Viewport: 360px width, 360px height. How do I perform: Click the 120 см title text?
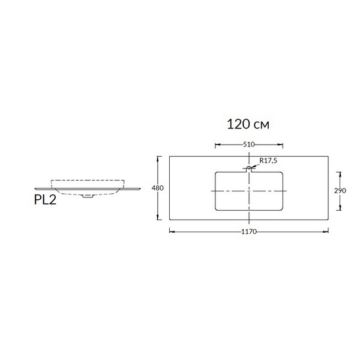pos(248,124)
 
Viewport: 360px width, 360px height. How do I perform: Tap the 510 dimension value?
pos(249,145)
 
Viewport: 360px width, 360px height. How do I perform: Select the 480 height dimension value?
pos(157,188)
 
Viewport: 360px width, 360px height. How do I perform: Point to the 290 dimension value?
pos(340,191)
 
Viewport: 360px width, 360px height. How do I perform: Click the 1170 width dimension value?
pos(249,232)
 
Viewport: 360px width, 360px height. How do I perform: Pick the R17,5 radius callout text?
pos(268,160)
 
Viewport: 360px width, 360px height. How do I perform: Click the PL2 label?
pos(45,200)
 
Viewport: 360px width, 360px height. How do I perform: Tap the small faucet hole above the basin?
pos(249,168)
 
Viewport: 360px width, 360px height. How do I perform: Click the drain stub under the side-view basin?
pos(88,196)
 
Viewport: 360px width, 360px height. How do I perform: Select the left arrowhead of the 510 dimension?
pos(218,145)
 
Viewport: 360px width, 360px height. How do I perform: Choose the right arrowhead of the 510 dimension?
pos(280,145)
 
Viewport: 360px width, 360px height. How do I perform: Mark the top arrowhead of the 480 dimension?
pos(157,159)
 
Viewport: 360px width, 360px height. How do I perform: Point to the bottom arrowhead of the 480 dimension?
pos(157,217)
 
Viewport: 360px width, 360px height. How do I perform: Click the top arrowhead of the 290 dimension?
pos(340,175)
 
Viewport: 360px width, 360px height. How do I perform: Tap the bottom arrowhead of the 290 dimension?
pos(340,208)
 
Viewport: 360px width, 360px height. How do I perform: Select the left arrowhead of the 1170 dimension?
pos(172,232)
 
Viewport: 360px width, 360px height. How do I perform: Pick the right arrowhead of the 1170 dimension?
pos(326,232)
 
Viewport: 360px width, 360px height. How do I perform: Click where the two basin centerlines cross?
pos(249,191)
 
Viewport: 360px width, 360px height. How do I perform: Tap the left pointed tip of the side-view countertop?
pos(35,188)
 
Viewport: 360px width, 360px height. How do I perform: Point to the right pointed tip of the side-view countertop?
pos(140,188)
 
